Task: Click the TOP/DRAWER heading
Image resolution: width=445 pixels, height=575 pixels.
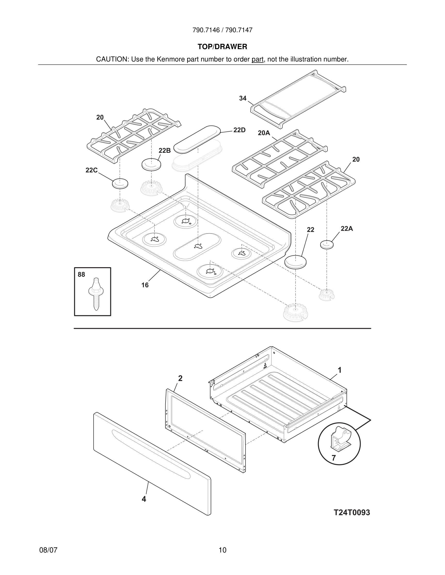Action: [222, 47]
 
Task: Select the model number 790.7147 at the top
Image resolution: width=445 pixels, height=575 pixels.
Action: [239, 30]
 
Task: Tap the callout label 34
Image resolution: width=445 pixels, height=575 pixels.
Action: [243, 98]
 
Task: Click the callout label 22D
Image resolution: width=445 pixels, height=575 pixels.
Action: [239, 130]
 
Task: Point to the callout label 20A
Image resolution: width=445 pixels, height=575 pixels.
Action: [264, 133]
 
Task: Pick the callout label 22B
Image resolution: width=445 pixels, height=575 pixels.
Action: [165, 150]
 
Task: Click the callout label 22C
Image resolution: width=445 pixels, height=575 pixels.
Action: [91, 170]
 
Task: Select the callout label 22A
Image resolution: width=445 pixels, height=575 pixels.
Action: [347, 228]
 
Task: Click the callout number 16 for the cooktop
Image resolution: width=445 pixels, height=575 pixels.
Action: [145, 285]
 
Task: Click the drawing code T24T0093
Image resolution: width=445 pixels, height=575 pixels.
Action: [352, 512]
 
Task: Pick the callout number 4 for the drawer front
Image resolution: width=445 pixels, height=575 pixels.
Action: [144, 499]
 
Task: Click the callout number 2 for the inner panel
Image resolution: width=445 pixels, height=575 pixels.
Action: [180, 378]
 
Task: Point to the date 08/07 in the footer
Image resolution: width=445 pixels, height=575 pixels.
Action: [48, 550]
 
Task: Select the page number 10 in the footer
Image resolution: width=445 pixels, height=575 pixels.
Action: [222, 550]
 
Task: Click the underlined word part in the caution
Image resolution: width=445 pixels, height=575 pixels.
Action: [257, 59]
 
